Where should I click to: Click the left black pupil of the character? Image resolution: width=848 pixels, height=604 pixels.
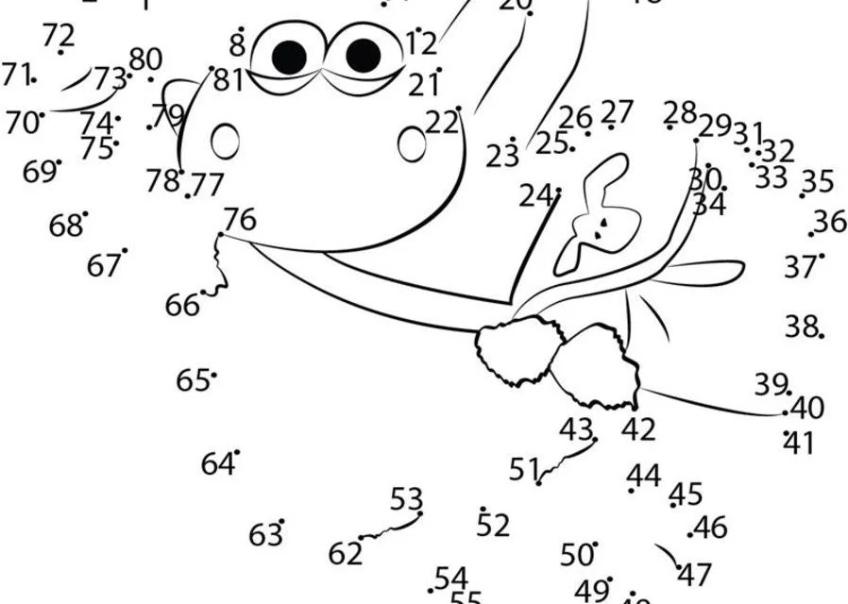point(290,57)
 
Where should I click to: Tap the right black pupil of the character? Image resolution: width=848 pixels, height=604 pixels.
point(363,56)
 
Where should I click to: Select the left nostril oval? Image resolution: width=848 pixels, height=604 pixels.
point(226,142)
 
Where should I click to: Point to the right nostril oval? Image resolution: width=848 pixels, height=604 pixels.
point(412,143)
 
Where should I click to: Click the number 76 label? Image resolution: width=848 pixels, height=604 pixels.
point(240,220)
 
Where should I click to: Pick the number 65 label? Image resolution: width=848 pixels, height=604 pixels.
point(193,380)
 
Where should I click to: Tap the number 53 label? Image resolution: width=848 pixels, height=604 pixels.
point(406,497)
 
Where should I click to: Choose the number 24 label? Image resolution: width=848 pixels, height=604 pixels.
point(535,196)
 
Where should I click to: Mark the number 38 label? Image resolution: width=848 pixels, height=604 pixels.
point(800,327)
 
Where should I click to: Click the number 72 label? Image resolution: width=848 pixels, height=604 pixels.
point(59,36)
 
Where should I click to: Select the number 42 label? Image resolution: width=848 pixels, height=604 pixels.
point(638,429)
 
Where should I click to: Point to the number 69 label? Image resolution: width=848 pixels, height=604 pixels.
point(39,173)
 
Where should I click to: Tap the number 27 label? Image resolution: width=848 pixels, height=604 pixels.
point(617,111)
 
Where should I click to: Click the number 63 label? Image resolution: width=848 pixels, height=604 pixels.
point(265,535)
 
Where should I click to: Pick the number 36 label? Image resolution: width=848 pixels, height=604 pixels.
point(830,221)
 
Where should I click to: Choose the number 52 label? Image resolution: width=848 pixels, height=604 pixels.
point(493,526)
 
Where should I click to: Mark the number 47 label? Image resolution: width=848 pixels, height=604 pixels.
point(694,573)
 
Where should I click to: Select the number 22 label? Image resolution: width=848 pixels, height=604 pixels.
point(441,123)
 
